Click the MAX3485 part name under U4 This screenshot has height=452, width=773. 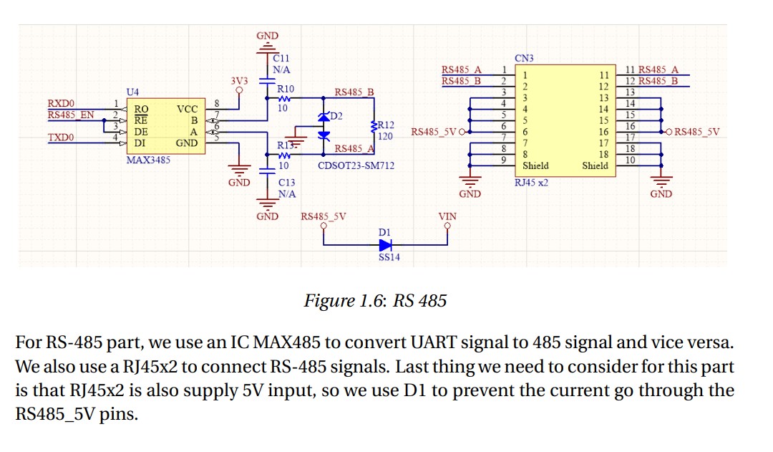coord(148,160)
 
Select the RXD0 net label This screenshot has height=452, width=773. coord(61,103)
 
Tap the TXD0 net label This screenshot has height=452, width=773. coord(61,137)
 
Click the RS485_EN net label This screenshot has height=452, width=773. coord(70,115)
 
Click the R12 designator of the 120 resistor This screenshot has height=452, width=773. coord(385,125)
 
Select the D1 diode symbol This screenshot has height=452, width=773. coord(387,244)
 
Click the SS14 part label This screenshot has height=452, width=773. coord(389,258)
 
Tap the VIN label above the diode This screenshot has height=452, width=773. coord(447,216)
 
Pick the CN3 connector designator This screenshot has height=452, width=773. coord(524,57)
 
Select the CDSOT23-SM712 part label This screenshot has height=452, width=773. coord(356,165)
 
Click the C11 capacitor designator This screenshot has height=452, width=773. coord(281,57)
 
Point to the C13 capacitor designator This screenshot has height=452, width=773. coord(287,182)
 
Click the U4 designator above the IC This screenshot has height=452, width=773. coord(132,92)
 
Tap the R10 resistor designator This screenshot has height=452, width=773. coord(285,90)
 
